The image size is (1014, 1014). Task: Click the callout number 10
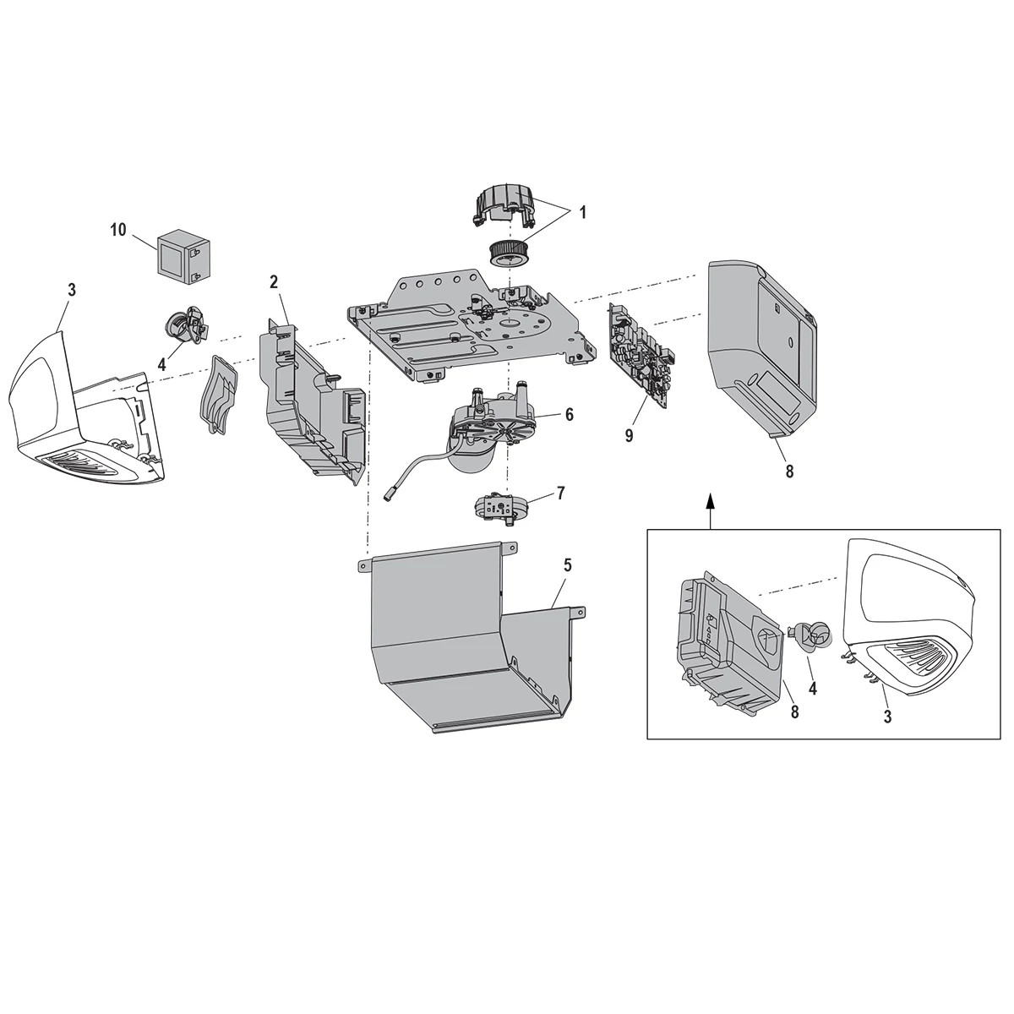pyautogui.click(x=117, y=230)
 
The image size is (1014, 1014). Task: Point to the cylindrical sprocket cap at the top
pyautogui.click(x=504, y=206)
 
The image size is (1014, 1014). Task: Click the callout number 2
pyautogui.click(x=274, y=281)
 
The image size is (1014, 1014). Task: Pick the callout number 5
pyautogui.click(x=568, y=565)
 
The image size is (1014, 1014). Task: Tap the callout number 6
pyautogui.click(x=569, y=414)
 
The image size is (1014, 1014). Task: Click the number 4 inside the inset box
pyautogui.click(x=812, y=689)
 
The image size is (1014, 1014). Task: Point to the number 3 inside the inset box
pyautogui.click(x=886, y=717)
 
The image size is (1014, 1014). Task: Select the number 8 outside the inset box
pyautogui.click(x=789, y=471)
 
